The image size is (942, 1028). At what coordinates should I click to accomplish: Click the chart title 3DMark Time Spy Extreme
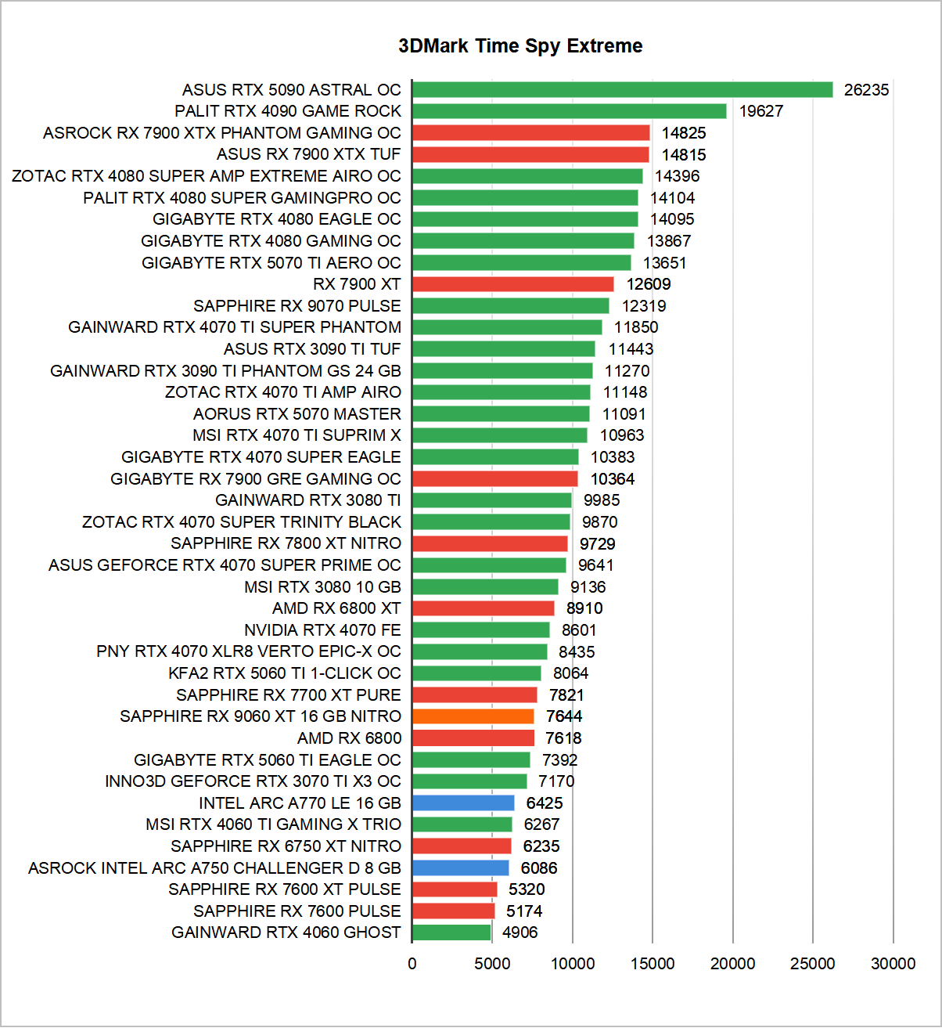tap(520, 46)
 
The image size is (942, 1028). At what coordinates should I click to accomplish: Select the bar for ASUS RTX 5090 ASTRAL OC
tap(622, 90)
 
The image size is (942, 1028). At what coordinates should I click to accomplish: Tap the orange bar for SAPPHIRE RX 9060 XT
tap(473, 716)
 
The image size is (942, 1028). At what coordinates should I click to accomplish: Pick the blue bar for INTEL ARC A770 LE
tap(463, 803)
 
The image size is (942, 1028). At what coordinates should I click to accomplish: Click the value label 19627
tap(760, 111)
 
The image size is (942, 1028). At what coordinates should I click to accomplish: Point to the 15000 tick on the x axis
tap(653, 964)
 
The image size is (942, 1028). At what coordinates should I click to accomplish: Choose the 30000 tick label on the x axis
tap(893, 964)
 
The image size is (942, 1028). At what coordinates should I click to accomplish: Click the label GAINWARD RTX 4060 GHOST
tap(286, 932)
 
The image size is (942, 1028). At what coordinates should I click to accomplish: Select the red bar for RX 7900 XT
tap(512, 284)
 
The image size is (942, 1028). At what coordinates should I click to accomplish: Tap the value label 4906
tap(520, 932)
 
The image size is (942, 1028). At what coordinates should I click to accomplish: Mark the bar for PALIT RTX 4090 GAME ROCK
tap(569, 111)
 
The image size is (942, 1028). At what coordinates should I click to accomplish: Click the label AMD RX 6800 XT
tap(336, 608)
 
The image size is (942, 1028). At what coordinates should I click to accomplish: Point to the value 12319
tap(644, 306)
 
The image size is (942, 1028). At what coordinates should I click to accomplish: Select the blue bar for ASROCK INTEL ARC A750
tap(460, 868)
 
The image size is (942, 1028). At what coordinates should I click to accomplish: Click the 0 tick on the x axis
tap(412, 964)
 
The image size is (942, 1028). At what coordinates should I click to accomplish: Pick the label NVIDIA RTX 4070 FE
tap(322, 630)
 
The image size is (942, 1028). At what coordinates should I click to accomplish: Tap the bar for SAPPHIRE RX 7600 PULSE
tap(453, 911)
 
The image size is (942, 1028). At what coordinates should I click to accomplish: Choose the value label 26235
tap(866, 90)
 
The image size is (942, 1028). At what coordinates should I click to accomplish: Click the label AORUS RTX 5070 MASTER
tap(297, 414)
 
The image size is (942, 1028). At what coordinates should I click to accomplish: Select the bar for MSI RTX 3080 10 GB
tap(485, 587)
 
